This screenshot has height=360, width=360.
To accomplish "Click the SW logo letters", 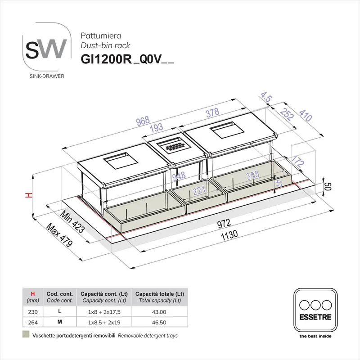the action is pos(46,49).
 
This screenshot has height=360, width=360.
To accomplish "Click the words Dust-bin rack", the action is pos(105,45).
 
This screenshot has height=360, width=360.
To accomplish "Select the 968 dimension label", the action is pos(143,121).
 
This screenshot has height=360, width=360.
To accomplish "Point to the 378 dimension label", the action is pos(212,113).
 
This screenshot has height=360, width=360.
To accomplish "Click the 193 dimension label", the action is pos(157,127).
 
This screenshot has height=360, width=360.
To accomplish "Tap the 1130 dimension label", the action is pos(229,235).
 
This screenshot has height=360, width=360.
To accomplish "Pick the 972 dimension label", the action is pos(224,223).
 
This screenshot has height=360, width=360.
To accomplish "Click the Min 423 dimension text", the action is pos(72,221).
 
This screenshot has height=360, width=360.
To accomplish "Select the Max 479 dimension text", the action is pos(59,234).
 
